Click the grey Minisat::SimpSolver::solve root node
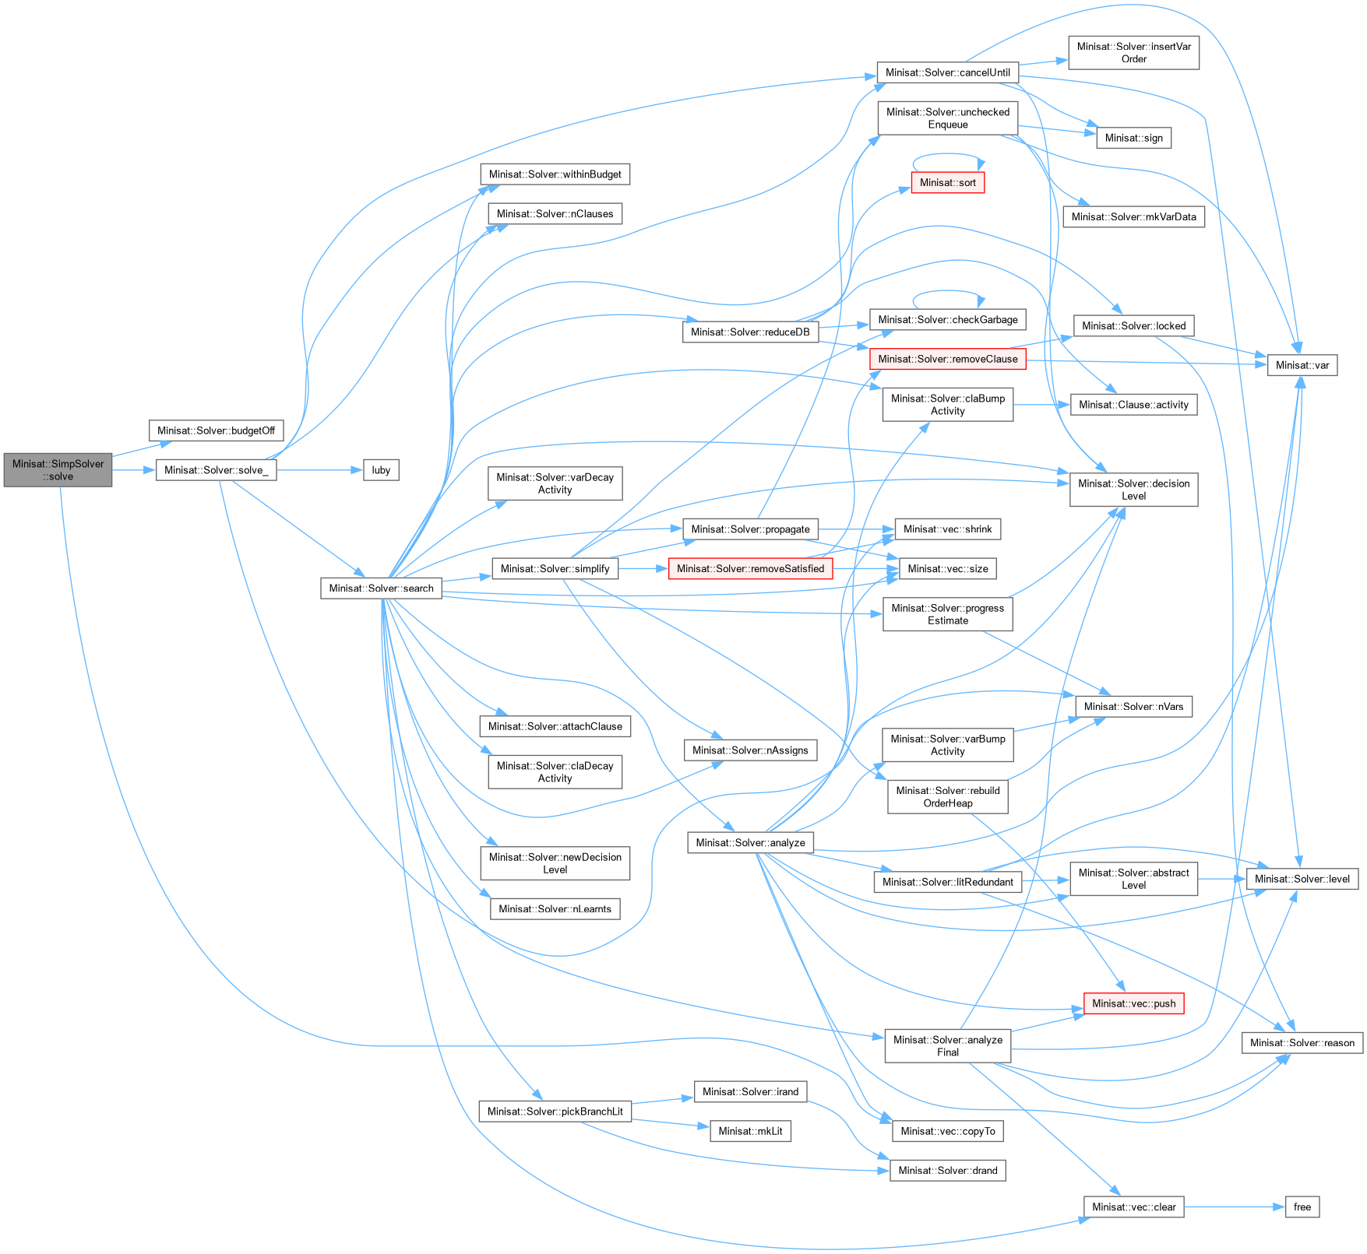[x=58, y=470]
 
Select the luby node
[x=381, y=470]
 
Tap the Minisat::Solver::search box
[x=381, y=588]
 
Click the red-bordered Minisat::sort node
[x=947, y=183]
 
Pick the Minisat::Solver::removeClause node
[x=947, y=359]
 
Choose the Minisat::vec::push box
[x=1133, y=1003]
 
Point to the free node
[x=1302, y=1207]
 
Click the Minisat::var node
[x=1302, y=365]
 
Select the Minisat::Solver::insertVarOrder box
[x=1133, y=52]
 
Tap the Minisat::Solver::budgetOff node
[x=216, y=430]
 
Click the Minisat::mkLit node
[x=750, y=1131]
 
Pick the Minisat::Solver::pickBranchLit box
[x=555, y=1112]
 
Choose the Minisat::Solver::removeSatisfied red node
[x=750, y=569]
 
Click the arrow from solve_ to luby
[x=319, y=470]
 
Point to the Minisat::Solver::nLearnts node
[x=555, y=909]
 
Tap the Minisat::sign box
[x=1133, y=138]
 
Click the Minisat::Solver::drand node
[x=947, y=1171]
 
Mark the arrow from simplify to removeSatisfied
[x=643, y=569]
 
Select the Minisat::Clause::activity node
[x=1133, y=405]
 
